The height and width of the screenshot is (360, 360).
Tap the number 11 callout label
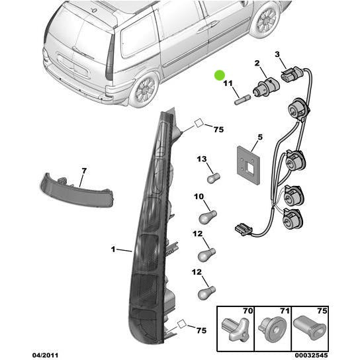click(x=228, y=84)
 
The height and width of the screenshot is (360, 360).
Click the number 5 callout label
click(x=260, y=138)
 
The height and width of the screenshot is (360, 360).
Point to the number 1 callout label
click(x=113, y=249)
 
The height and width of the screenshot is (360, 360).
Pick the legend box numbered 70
click(x=236, y=324)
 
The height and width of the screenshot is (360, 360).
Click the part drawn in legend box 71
click(x=273, y=327)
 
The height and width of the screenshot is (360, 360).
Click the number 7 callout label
click(x=83, y=171)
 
